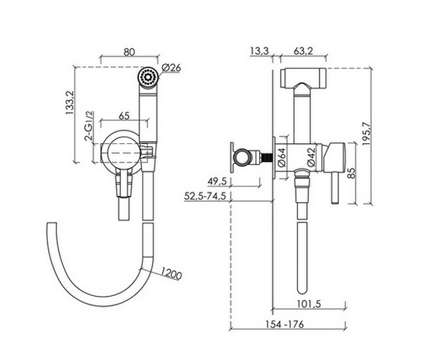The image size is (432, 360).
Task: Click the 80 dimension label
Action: [x=129, y=52]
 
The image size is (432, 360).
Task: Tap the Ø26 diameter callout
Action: [x=171, y=68]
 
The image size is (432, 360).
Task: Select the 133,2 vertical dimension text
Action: [x=70, y=103]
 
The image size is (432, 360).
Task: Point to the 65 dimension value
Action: [x=125, y=116]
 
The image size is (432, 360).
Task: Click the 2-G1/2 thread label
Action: [x=89, y=125]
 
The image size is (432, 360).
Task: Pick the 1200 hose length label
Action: [x=171, y=274]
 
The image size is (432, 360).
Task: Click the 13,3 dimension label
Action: [x=259, y=51]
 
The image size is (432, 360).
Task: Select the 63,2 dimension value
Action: [x=304, y=51]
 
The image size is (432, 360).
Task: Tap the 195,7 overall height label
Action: [x=367, y=134]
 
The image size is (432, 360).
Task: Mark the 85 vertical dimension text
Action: [x=351, y=174]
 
